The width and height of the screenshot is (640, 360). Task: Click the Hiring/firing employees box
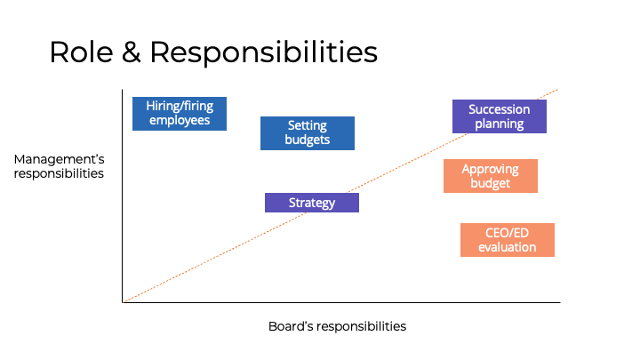click(x=180, y=113)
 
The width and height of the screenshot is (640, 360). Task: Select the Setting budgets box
click(x=308, y=132)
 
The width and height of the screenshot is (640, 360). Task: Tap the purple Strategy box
click(x=312, y=203)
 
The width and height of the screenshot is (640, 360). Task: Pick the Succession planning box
click(x=500, y=116)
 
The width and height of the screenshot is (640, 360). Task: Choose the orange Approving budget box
click(x=491, y=176)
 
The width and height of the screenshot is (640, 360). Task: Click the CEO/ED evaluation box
click(x=508, y=240)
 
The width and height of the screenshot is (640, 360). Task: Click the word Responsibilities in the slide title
click(x=263, y=52)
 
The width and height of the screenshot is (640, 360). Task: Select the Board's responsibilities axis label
click(x=337, y=326)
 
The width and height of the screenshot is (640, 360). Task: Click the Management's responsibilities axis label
click(x=60, y=166)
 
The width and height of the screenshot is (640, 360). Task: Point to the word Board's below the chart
click(x=290, y=326)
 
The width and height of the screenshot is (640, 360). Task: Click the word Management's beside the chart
click(x=60, y=159)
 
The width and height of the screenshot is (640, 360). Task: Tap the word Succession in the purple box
click(x=500, y=109)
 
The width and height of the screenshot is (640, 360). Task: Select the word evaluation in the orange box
click(x=508, y=247)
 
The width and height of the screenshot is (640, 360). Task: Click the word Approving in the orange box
click(x=491, y=169)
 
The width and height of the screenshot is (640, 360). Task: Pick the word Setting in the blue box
click(x=308, y=125)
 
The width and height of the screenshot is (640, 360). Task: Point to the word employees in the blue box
click(x=180, y=120)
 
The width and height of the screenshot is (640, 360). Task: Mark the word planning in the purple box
click(x=500, y=124)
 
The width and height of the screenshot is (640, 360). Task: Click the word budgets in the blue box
click(x=308, y=140)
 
